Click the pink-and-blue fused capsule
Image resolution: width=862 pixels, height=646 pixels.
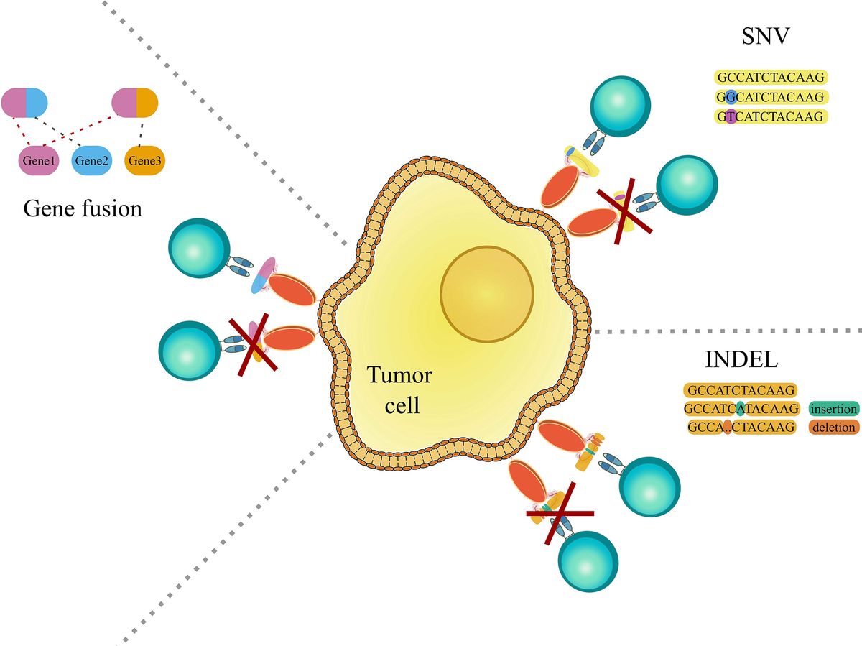tap(24, 103)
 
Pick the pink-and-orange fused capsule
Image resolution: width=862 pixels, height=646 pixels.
tap(135, 103)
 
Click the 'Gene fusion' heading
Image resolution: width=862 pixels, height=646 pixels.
tap(83, 208)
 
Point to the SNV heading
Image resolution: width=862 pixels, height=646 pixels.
tap(766, 37)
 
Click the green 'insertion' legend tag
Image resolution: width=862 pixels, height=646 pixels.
tap(833, 409)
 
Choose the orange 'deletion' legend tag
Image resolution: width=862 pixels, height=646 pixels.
tap(833, 428)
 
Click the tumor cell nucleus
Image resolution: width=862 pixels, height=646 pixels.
tap(487, 292)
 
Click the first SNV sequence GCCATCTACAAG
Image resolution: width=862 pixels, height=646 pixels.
tap(771, 78)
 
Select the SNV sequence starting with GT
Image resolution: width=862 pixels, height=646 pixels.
tap(771, 116)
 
